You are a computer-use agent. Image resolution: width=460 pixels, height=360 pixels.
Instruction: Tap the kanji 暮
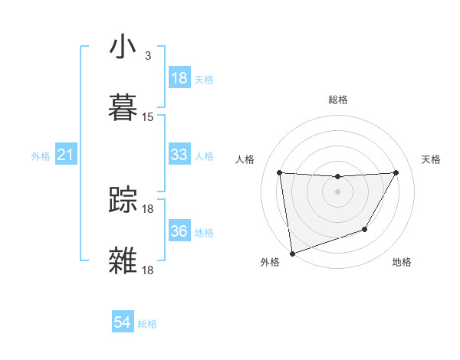123,105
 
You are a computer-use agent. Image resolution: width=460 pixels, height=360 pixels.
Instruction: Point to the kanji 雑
123,259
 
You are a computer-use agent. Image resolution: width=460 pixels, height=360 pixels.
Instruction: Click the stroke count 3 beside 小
147,56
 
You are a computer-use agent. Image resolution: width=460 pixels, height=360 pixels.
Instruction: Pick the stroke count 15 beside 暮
148,117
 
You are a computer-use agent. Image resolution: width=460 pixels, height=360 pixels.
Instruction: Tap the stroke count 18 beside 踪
149,209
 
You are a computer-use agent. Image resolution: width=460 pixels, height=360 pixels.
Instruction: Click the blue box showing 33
179,155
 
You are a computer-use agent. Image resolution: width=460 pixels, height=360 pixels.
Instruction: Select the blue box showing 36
179,231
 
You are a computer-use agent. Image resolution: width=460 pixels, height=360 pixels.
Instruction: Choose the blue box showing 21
66,155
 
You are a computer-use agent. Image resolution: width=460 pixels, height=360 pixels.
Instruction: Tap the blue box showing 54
123,323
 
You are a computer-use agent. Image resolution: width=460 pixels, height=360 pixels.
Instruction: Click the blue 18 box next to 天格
179,78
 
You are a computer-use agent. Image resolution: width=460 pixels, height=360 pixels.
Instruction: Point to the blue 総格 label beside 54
148,324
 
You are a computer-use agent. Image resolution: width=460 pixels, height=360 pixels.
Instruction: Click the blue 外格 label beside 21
41,156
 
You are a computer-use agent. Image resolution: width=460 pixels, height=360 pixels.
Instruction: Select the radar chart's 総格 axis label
338,100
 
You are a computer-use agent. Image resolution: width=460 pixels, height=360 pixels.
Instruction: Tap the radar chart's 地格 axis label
402,263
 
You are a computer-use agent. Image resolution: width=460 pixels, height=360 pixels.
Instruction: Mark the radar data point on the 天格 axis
396,172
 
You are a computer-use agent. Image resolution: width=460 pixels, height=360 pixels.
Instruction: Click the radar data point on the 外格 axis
292,253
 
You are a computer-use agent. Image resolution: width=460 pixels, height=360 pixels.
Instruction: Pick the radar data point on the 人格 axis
280,172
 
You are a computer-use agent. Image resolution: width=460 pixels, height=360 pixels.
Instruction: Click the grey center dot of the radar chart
338,191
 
